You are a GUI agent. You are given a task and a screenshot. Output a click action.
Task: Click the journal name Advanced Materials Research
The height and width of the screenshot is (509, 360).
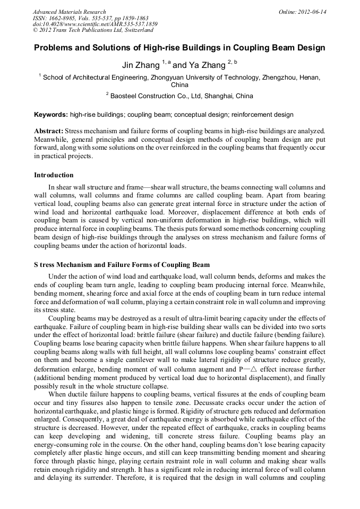pyautogui.click(x=69, y=12)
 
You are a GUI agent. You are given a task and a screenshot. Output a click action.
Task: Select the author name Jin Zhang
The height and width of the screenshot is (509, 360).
pyautogui.click(x=140, y=65)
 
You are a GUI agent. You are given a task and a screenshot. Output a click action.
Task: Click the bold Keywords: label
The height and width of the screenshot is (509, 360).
pyautogui.click(x=51, y=115)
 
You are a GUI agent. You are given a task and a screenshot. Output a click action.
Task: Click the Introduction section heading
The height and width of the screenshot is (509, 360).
pyautogui.click(x=54, y=175)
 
